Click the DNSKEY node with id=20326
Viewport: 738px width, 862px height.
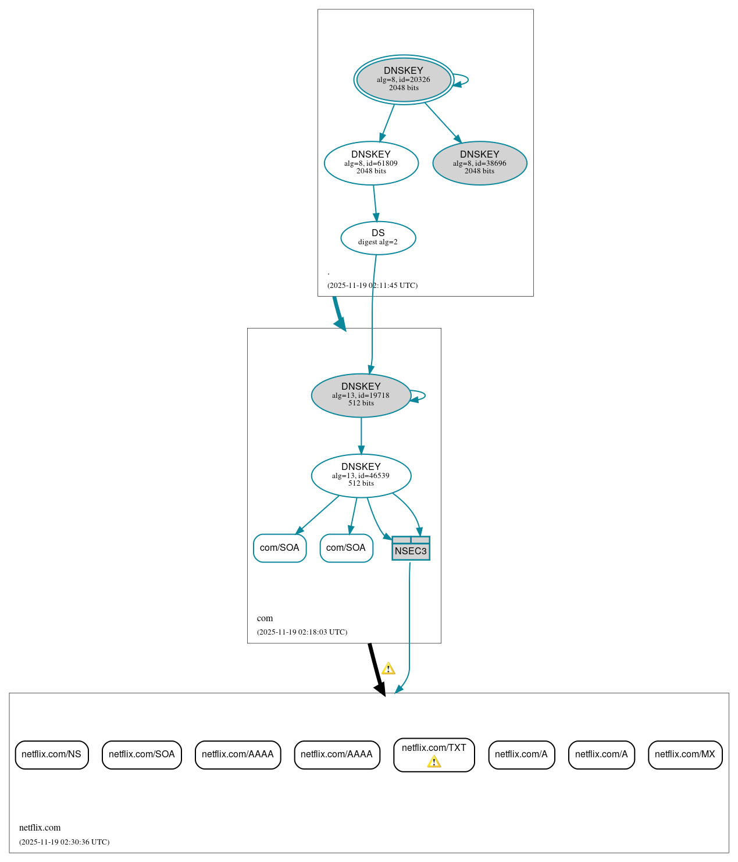tap(404, 80)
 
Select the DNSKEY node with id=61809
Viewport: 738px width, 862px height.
tap(371, 163)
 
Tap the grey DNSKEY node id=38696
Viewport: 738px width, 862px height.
tap(480, 163)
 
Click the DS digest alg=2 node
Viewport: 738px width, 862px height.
tap(378, 237)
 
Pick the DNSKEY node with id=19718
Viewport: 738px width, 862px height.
tap(361, 395)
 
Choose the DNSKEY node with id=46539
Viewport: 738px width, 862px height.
tap(361, 475)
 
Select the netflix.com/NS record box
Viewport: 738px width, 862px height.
tap(52, 754)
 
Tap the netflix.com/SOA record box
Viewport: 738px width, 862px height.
tap(142, 754)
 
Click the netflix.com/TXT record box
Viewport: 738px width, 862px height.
tap(434, 749)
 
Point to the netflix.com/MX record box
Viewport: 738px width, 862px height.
tap(685, 754)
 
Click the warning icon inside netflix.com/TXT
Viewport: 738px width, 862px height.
tap(434, 762)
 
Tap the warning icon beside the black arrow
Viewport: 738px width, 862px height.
tap(388, 668)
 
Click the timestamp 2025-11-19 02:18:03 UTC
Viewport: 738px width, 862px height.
tap(302, 632)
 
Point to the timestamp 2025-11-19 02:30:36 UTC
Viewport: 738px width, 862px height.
tap(64, 842)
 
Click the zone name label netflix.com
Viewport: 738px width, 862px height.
tap(40, 828)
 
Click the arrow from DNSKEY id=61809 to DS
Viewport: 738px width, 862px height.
tap(375, 203)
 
